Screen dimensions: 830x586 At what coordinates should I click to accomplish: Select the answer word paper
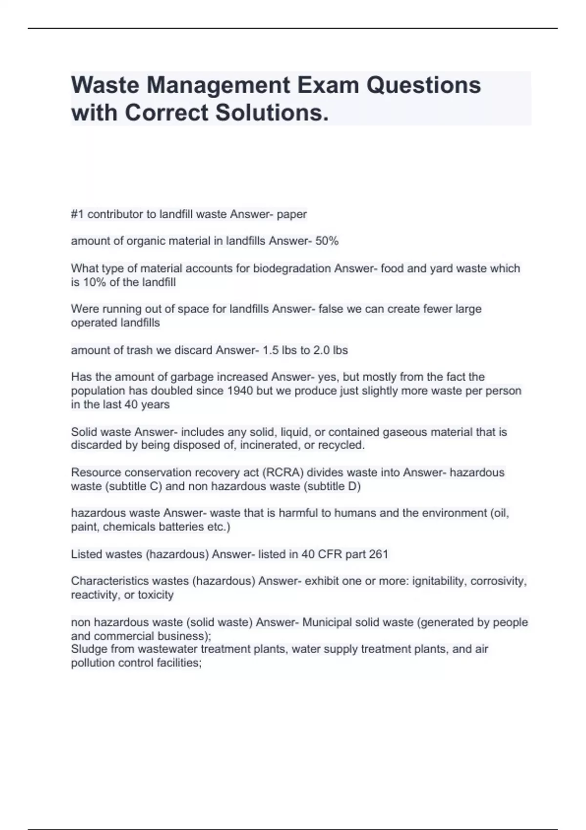[292, 214]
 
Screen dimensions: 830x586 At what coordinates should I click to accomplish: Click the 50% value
[327, 241]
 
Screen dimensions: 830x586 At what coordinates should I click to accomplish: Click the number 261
[378, 555]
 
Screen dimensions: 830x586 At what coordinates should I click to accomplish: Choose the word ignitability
[439, 581]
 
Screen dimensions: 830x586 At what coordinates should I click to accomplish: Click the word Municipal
[327, 622]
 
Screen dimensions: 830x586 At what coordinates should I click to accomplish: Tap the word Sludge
[89, 649]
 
